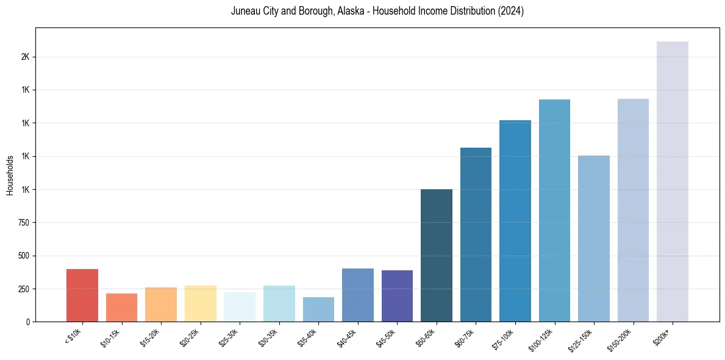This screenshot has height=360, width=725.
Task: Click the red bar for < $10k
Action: [82, 295]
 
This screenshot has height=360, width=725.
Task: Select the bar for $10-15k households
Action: [121, 308]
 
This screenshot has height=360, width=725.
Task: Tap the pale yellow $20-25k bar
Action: [201, 303]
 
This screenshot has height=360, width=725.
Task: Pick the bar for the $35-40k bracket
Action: [318, 309]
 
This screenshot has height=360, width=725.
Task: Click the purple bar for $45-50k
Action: [397, 296]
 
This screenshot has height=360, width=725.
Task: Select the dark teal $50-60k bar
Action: [437, 255]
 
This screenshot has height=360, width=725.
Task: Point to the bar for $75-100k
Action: [515, 221]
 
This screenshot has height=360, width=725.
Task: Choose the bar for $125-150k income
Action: [594, 239]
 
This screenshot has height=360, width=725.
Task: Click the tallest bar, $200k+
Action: [673, 181]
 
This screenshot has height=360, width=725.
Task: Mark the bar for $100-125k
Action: [554, 211]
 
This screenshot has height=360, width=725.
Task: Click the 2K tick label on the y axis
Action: [24, 57]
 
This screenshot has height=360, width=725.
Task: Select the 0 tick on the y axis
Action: [27, 322]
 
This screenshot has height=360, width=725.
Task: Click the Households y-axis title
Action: [10, 175]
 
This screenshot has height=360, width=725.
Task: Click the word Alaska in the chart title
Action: [349, 12]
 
